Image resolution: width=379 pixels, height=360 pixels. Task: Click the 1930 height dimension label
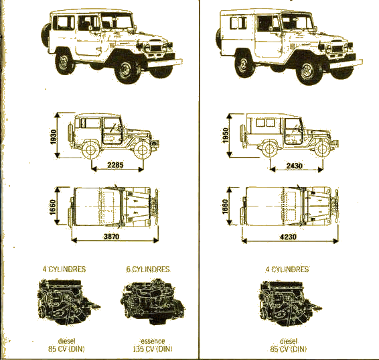[54, 137]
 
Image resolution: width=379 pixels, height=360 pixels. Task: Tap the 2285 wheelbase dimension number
[115, 165]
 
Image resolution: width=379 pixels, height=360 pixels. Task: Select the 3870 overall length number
[111, 236]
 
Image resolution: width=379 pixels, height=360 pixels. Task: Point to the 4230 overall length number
[288, 237]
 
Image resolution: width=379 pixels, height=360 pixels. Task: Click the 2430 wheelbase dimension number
[294, 166]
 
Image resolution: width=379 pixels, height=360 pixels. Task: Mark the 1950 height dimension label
[225, 135]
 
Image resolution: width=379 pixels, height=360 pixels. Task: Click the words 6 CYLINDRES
[148, 269]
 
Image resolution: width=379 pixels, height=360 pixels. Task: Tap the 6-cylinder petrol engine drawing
[153, 301]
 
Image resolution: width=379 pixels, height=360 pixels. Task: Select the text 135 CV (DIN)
[153, 349]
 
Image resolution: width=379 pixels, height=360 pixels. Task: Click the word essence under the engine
[153, 341]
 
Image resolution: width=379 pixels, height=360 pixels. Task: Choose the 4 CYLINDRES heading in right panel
[287, 269]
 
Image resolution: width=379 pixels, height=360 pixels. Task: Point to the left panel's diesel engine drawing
[68, 302]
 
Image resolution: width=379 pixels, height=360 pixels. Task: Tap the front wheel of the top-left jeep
[127, 70]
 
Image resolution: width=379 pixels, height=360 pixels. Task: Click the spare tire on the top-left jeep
[46, 36]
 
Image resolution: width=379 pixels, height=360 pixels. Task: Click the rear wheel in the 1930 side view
[91, 149]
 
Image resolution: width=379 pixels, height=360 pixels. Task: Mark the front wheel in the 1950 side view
[323, 149]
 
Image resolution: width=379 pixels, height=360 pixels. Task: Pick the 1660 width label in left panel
[53, 207]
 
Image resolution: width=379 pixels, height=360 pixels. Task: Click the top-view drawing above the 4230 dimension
[289, 206]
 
